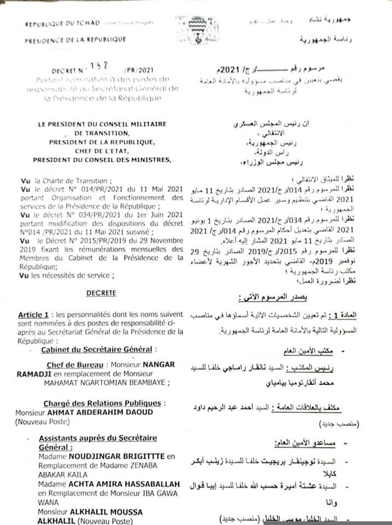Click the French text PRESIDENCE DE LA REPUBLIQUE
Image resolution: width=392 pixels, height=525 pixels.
point(75,39)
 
